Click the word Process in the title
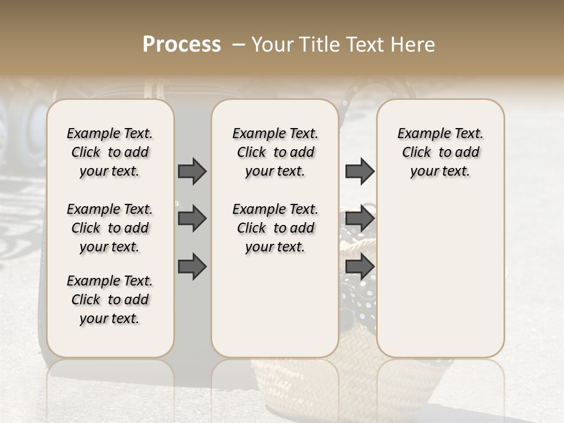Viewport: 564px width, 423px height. [182, 44]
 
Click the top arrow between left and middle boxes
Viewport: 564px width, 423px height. [192, 171]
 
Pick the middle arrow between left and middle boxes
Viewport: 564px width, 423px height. [192, 219]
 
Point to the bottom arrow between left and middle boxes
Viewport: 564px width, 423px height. [192, 266]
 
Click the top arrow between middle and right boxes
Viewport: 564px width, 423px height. [360, 171]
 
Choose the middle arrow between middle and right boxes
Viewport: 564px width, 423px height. [360, 219]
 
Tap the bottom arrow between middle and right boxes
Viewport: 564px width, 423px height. [360, 266]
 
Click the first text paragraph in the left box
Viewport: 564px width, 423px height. [110, 152]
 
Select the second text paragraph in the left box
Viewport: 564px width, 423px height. [110, 228]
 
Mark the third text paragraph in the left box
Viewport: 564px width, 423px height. [110, 300]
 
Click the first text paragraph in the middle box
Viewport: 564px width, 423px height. [275, 152]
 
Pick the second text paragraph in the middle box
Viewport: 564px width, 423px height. [275, 228]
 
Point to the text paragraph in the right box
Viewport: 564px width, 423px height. [440, 152]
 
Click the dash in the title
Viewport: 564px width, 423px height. [238, 44]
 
